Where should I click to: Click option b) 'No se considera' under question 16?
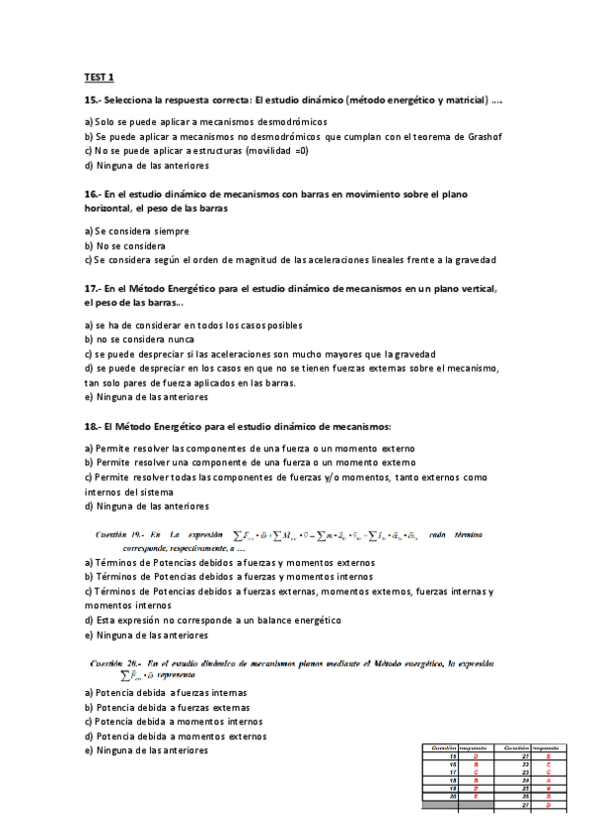(x=125, y=245)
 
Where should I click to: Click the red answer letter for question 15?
(x=476, y=756)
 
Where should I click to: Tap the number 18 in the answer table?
(x=454, y=780)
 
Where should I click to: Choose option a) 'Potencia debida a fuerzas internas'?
(x=166, y=692)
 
